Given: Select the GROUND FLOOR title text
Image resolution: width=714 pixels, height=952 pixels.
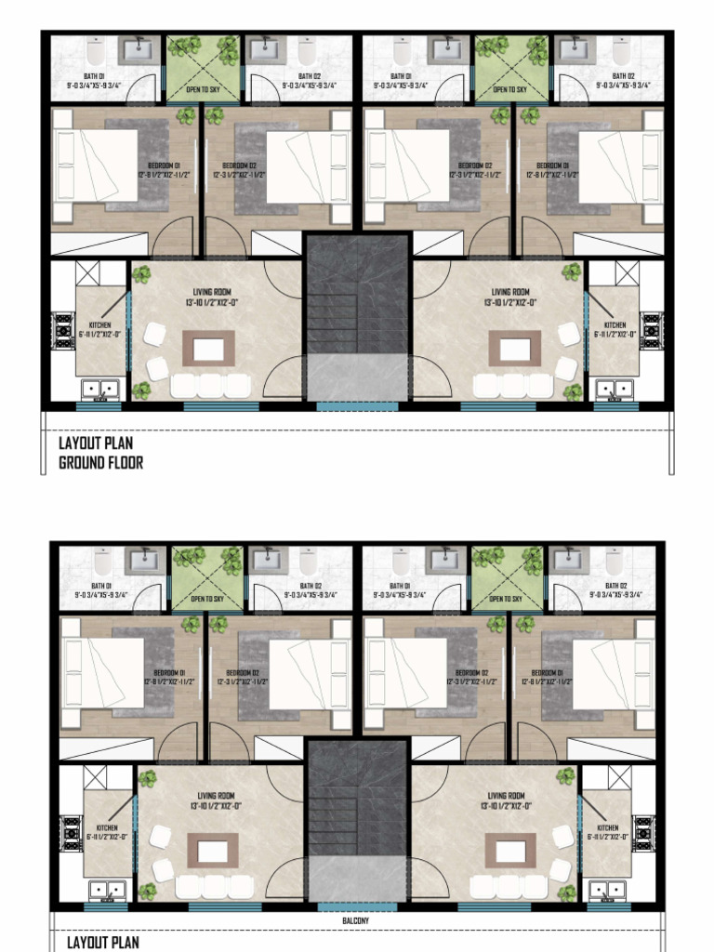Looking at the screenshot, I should pos(101,462).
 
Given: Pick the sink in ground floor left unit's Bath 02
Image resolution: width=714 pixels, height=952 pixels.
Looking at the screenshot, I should pos(264,49).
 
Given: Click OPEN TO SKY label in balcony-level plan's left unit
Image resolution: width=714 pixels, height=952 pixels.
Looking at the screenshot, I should pos(207,599).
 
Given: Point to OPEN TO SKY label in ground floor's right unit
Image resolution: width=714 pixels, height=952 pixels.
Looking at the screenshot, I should pos(509,89).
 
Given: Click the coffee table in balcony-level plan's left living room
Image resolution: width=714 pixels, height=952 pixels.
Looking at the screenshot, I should pos(213,850).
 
